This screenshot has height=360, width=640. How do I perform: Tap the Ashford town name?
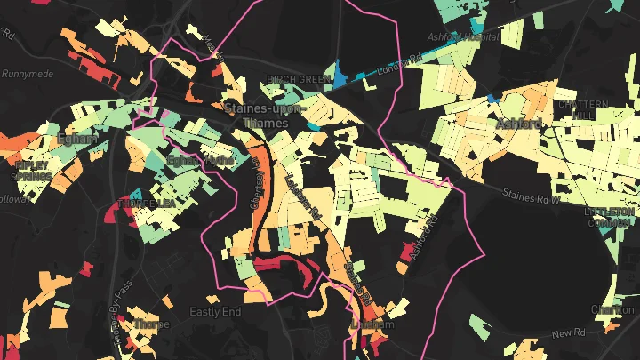(x=520, y=123)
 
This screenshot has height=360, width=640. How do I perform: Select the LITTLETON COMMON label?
(x=610, y=216)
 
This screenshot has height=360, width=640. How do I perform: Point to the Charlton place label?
(x=613, y=309)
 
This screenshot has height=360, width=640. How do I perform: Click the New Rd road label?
(x=566, y=333)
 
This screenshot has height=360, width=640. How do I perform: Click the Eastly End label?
(x=215, y=312)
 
